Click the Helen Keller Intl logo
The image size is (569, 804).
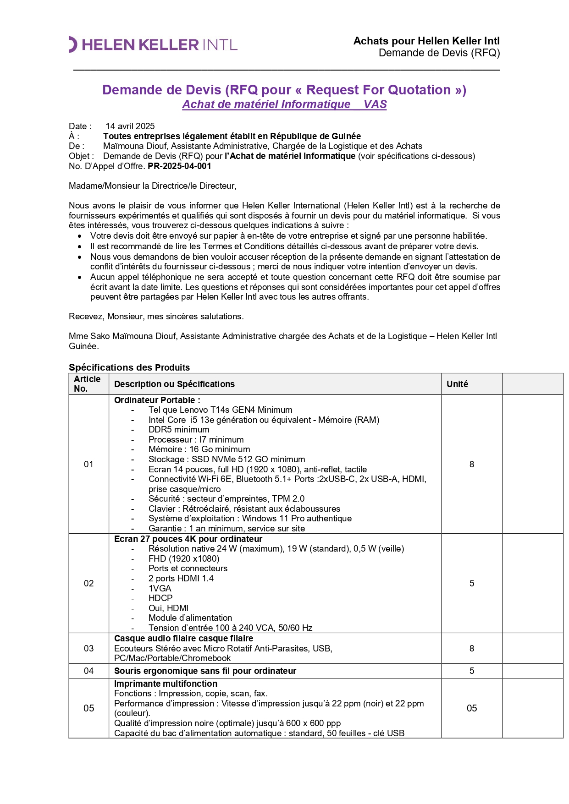point(153,44)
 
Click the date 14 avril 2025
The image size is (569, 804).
point(130,126)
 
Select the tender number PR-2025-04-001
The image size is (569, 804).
point(179,166)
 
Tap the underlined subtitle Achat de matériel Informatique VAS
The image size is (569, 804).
point(284,104)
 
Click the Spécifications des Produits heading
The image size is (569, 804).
point(129,367)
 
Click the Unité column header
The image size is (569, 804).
point(457,384)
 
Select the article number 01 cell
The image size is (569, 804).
point(88,464)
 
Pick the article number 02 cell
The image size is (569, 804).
point(88,583)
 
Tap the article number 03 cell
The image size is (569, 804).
point(88,648)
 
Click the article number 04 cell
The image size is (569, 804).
point(88,671)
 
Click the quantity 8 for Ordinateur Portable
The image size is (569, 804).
point(471,464)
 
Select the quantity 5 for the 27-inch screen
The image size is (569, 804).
point(471,583)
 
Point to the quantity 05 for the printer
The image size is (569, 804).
point(471,708)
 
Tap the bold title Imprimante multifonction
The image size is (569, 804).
point(166,684)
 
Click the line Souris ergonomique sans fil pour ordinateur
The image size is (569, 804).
point(205,671)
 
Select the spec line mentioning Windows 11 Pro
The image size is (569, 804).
point(250,518)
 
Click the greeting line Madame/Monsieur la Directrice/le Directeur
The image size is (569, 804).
point(152,186)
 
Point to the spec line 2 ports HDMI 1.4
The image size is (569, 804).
point(181,578)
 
